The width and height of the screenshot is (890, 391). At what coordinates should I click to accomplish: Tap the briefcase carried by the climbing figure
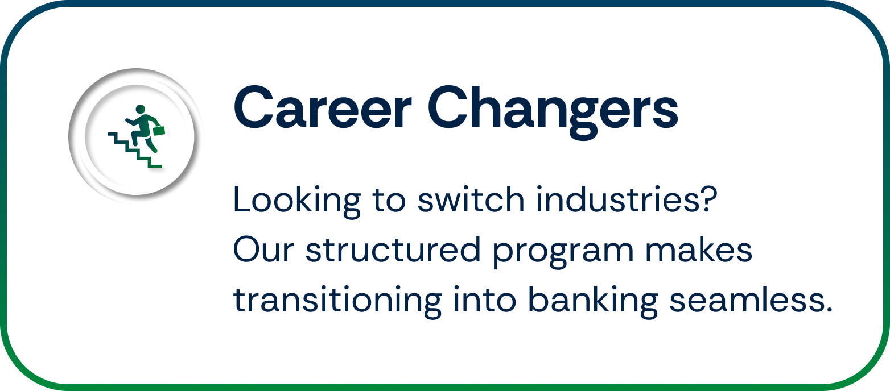158,130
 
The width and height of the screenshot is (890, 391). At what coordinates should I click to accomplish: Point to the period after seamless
828,310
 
